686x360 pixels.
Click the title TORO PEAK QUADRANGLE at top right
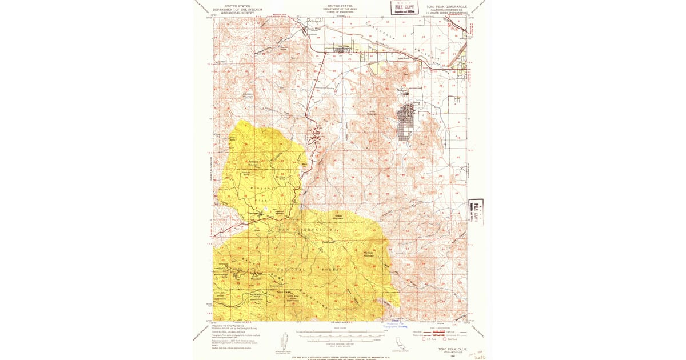446,7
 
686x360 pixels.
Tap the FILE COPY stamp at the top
401,7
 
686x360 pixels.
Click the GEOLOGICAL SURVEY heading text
234,13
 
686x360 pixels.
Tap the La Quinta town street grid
406,126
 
